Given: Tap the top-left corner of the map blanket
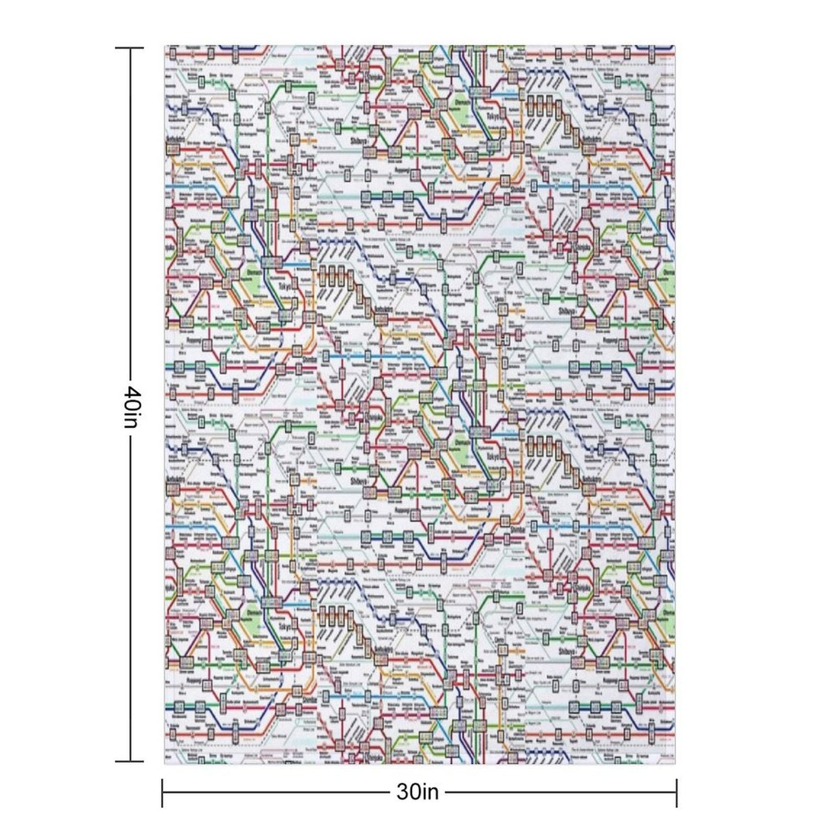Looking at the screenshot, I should (x=165, y=46).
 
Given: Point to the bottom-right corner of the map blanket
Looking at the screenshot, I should (x=674, y=764).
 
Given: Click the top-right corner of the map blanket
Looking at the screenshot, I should (x=674, y=46).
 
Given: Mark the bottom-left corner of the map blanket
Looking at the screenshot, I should (x=165, y=764).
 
